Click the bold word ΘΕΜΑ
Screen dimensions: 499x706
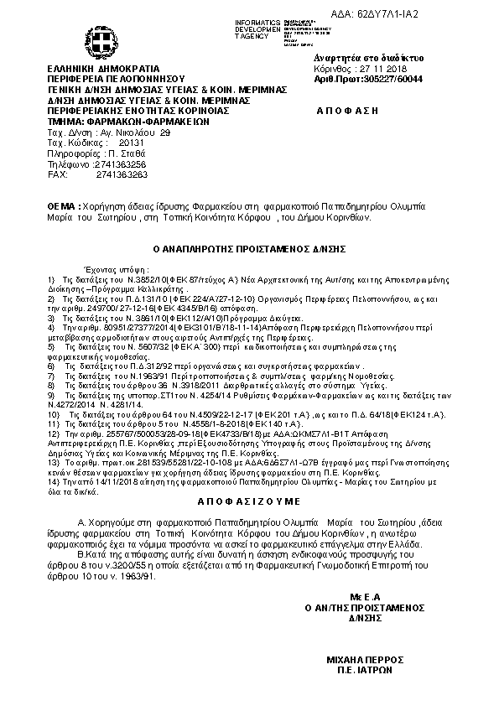[64, 205]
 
